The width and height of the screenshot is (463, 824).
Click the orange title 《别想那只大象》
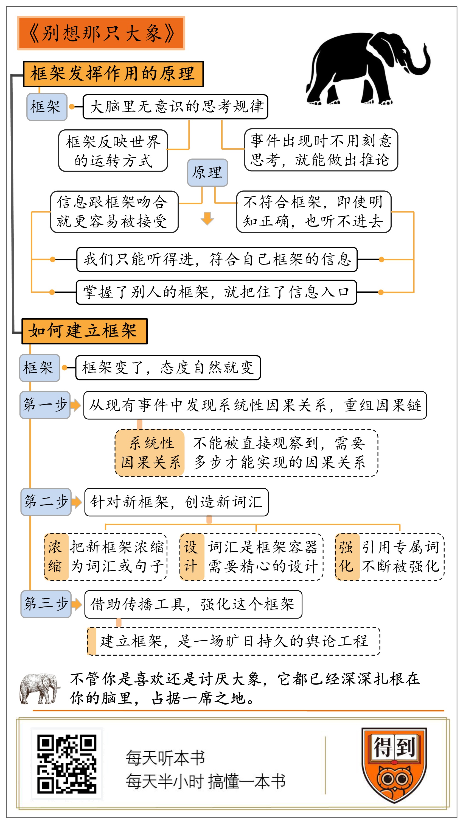coord(101,33)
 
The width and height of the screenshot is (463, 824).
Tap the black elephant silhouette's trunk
coord(422,62)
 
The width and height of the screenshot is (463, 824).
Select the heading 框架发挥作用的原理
coord(113,74)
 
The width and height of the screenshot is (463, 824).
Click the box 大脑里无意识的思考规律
coord(175,107)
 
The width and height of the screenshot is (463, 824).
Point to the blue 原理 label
coord(207,172)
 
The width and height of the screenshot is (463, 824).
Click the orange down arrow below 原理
coord(207,218)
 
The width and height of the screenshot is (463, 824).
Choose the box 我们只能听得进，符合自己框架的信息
coord(217,259)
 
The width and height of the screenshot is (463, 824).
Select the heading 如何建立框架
coord(84,331)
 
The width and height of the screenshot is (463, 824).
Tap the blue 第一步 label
coord(45,405)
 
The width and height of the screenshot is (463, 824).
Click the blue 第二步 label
coord(46,502)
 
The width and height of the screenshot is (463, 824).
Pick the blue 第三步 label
coord(46,604)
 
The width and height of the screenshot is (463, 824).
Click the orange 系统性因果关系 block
coord(150,453)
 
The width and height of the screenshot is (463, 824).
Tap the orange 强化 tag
coord(347,556)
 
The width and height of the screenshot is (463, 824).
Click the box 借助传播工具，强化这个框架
coord(193,604)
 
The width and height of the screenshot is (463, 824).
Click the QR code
coord(67,764)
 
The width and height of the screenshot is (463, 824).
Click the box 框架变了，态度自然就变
coord(168,368)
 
